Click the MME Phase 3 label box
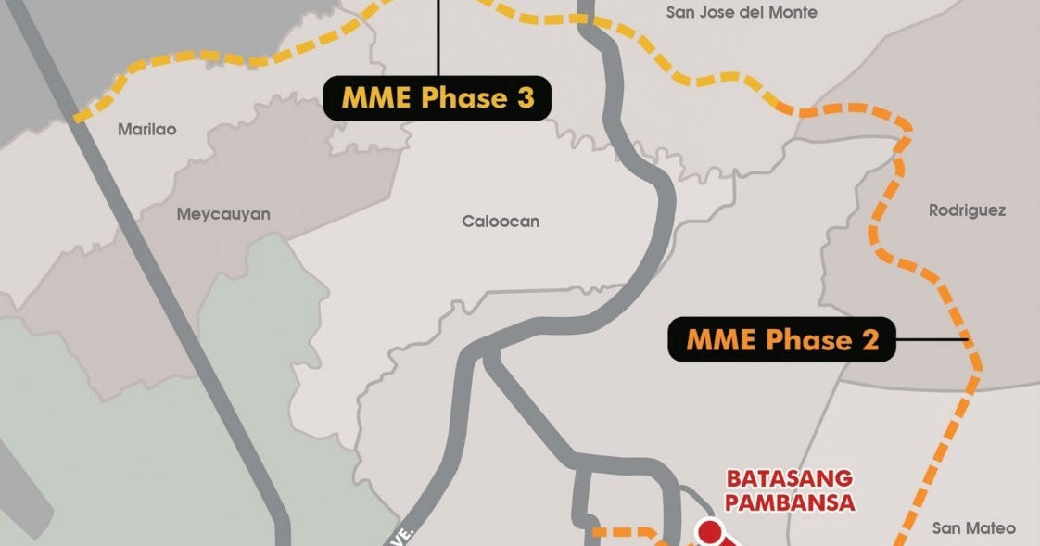[438, 98]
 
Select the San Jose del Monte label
[742, 12]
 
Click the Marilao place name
[146, 130]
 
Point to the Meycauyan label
[223, 214]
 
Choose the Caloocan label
[501, 222]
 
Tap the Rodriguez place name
[967, 210]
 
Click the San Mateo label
[973, 528]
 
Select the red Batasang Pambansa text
[790, 491]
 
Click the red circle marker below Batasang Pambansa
[709, 533]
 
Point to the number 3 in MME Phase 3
[526, 98]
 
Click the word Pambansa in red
[790, 503]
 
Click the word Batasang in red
[790, 479]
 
